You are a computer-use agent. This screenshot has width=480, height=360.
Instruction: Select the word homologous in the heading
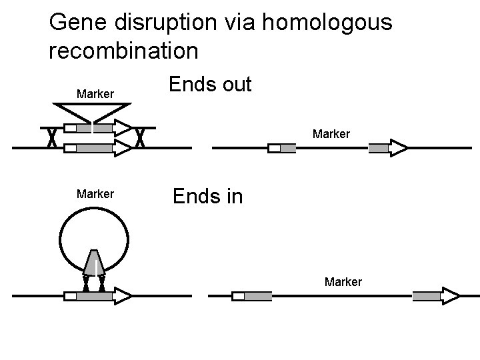(326, 23)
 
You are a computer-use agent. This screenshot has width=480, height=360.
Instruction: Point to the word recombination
(123, 50)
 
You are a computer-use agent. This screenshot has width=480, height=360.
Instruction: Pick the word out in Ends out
(233, 85)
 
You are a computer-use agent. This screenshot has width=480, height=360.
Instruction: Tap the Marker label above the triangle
(95, 93)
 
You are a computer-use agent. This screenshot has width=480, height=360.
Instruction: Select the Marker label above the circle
(95, 194)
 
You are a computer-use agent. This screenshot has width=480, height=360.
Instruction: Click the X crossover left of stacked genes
(50, 138)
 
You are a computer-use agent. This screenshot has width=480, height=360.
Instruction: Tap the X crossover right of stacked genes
(140, 138)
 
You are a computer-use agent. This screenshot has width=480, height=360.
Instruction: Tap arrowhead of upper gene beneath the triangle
(122, 127)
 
